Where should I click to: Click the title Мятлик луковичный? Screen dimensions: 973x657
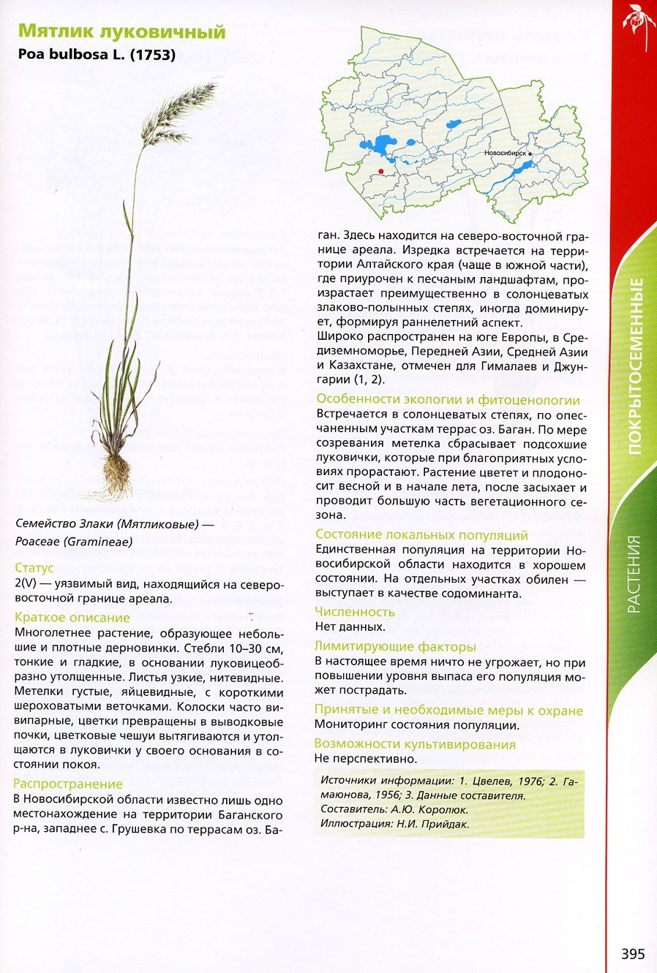[x=121, y=31]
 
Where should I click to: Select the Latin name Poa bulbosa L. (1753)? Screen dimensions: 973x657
[x=96, y=54]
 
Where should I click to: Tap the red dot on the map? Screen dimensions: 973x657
[x=380, y=170]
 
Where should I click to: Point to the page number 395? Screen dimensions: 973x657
[x=633, y=953]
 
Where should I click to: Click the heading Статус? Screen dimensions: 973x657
[x=34, y=568]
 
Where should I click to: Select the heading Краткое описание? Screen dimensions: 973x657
[x=72, y=618]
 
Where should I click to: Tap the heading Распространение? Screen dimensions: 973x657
[x=68, y=784]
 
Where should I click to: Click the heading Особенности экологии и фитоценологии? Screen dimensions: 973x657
[x=448, y=400]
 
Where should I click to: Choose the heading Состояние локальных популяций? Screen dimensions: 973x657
[x=421, y=535]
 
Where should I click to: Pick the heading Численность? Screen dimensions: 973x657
[x=355, y=612]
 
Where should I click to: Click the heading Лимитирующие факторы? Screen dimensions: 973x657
[x=395, y=646]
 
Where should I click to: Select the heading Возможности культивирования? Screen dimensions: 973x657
[x=415, y=744]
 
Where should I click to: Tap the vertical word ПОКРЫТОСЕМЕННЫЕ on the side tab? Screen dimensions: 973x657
[x=635, y=366]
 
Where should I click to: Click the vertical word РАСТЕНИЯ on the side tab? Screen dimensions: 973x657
[x=634, y=574]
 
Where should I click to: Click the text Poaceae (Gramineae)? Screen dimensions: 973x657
[x=74, y=542]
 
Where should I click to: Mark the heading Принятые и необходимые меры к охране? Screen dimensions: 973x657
[x=448, y=710]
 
